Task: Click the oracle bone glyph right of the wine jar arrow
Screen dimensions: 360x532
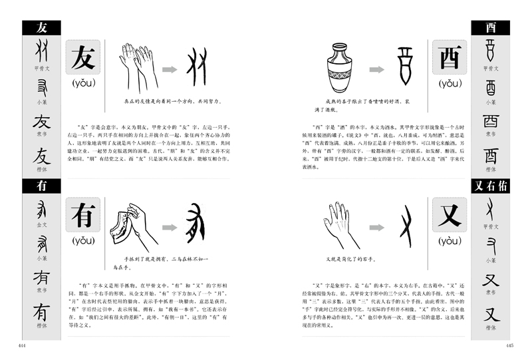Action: (405, 65)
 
